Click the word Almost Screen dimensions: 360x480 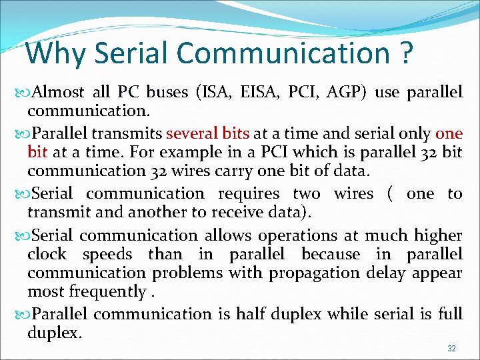click(x=57, y=92)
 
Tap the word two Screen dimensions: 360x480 click(x=307, y=194)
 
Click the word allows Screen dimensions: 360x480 click(x=227, y=236)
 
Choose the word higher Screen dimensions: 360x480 click(x=438, y=236)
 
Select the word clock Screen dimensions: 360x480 click(x=47, y=255)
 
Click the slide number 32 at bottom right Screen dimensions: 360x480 click(x=451, y=349)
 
